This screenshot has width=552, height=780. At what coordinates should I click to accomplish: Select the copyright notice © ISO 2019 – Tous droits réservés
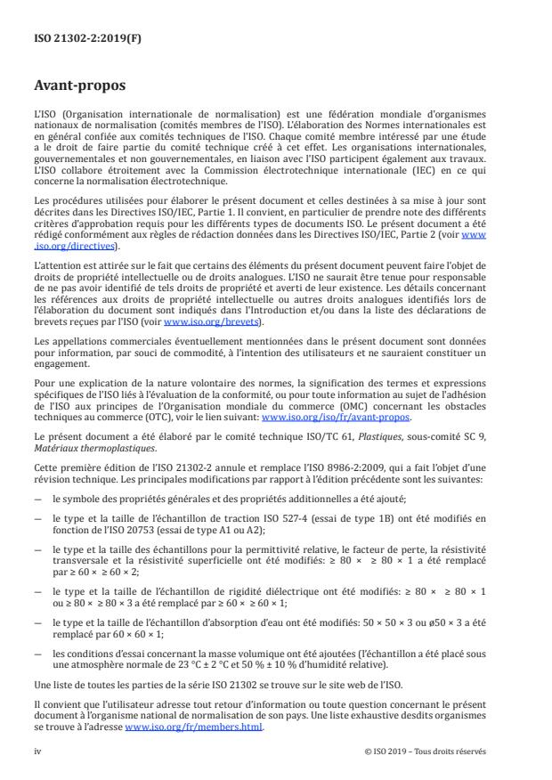click(425, 750)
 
